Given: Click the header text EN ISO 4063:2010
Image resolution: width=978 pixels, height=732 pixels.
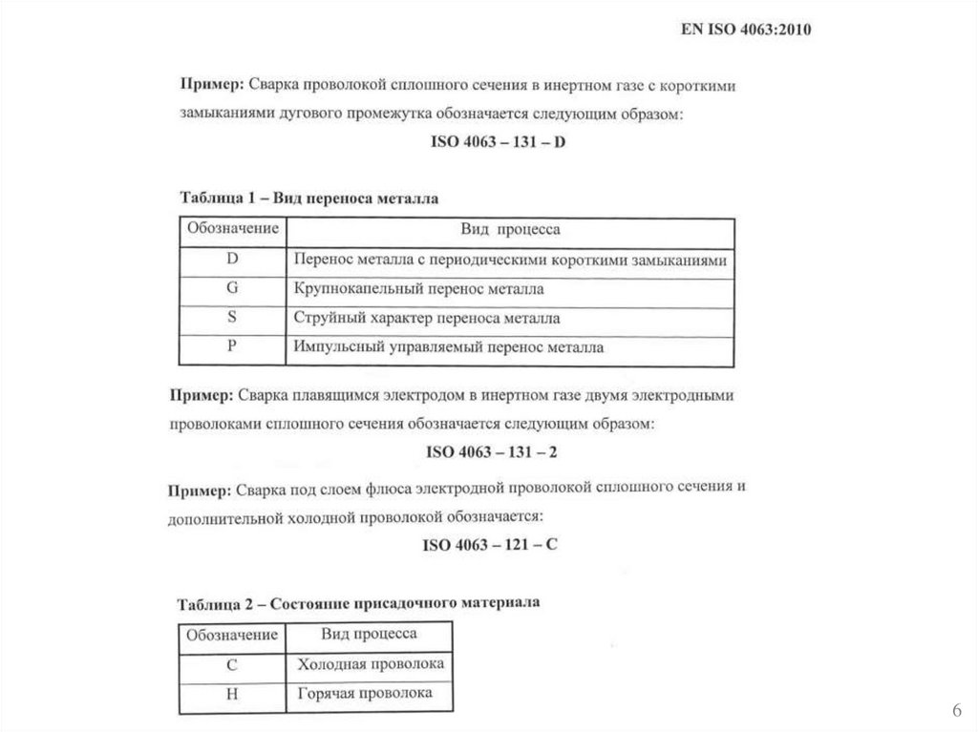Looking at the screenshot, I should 745,30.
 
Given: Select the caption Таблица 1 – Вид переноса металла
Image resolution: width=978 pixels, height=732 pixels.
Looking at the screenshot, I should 309,199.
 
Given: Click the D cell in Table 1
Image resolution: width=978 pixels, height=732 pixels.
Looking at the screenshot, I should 232,259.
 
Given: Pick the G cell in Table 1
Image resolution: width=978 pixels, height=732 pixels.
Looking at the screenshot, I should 232,288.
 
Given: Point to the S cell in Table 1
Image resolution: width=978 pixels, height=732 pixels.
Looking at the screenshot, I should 232,318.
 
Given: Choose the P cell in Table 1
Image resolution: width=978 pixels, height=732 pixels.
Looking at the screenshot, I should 232,347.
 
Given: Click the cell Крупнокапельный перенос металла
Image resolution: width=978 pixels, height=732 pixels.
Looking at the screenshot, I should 419,289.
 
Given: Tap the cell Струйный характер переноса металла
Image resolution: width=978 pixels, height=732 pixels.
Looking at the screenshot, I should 427,319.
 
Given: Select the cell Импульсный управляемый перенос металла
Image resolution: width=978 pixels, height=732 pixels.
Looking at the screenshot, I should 449,348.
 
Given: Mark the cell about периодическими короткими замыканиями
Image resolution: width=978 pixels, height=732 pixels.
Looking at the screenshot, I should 511,260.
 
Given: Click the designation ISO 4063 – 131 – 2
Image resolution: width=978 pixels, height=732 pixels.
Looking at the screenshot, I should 490,452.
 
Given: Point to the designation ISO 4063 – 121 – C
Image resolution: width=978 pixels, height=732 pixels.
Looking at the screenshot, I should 489,546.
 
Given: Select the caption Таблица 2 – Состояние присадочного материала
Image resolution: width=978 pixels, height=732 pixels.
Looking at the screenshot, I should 359,603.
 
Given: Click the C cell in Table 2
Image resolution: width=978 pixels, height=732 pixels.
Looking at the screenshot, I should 232,665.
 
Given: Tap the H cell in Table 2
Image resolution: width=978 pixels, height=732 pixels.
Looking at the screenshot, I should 232,695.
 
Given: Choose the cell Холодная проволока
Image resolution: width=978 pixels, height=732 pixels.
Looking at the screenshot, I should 371,664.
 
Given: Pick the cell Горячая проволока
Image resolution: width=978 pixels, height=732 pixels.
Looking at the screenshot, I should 365,694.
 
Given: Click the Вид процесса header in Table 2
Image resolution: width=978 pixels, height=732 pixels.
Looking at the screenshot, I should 369,634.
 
